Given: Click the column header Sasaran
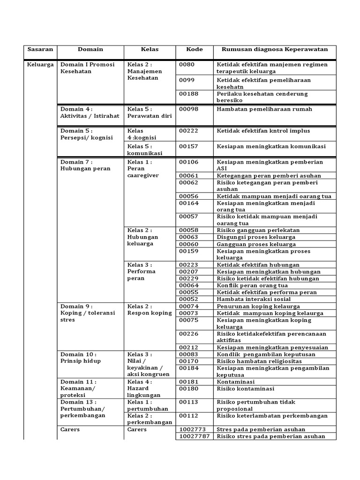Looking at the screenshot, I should click(40, 49).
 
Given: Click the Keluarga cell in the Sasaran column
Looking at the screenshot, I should click(40, 65).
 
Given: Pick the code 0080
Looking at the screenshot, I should click(187, 65).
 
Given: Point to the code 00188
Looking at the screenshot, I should click(189, 94).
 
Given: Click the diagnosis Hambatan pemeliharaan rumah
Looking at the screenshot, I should click(264, 109).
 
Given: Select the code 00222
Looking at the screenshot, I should click(189, 131).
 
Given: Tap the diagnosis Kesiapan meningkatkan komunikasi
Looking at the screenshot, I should click(271, 146).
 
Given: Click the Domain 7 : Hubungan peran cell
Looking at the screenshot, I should click(79, 165).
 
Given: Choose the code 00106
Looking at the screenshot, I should click(189, 162).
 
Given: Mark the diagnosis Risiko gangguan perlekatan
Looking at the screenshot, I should click(258, 231).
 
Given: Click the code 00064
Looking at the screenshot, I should click(189, 285).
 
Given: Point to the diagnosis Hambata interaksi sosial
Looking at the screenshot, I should click(254, 299).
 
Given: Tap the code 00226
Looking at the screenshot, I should click(189, 334).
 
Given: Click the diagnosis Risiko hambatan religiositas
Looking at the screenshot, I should click(259, 361).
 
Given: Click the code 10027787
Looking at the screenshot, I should click(194, 436).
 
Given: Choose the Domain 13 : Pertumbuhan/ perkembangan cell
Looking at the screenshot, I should click(82, 409).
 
